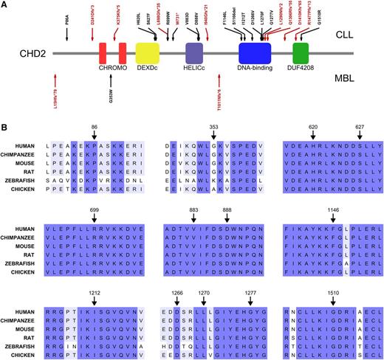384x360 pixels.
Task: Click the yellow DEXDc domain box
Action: pos(148,52)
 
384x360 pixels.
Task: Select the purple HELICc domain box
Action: pos(194,52)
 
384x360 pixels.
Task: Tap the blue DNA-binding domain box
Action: pos(255,52)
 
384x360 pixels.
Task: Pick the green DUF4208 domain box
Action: pos(301,52)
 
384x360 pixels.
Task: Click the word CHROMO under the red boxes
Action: pos(113,69)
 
